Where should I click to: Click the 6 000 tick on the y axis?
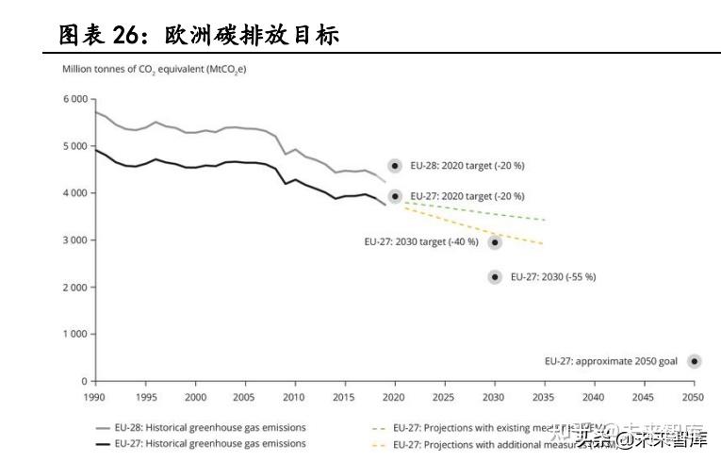[74, 99]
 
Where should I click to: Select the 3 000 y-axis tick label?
[74, 240]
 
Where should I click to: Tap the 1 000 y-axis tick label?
[74, 335]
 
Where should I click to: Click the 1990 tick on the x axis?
[95, 398]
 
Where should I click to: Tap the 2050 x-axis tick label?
[695, 398]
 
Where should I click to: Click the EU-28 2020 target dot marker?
[396, 166]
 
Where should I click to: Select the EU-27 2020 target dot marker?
[396, 196]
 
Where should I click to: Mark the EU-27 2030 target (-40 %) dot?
[495, 242]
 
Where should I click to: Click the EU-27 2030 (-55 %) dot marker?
[495, 276]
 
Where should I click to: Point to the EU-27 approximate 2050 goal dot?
[695, 361]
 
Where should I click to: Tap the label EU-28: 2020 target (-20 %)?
[467, 166]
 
